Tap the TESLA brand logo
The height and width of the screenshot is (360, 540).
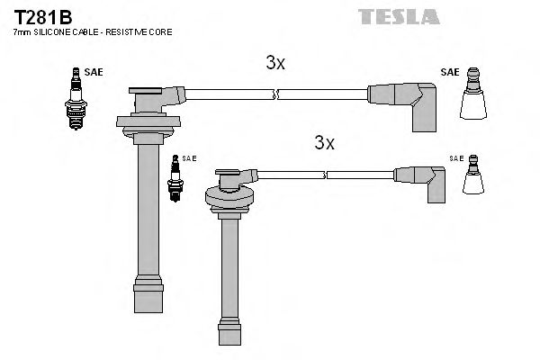(398, 15)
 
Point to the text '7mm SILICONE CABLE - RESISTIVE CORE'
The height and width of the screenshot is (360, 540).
(93, 33)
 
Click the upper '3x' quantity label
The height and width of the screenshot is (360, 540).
(275, 63)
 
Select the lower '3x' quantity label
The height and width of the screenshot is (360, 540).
(325, 142)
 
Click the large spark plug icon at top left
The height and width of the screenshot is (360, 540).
(75, 99)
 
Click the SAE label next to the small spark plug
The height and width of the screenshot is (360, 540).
(189, 158)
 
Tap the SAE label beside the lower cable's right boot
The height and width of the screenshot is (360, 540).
(456, 158)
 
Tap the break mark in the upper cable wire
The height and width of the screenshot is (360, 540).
(279, 92)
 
